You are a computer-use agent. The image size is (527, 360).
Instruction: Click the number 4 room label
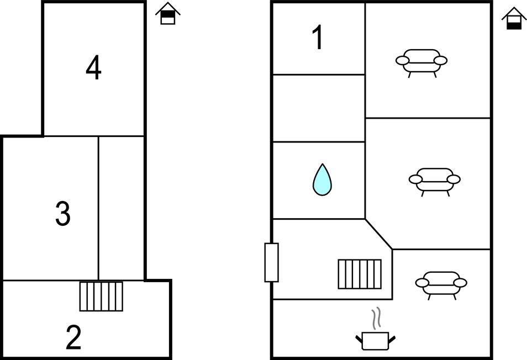coord(93,68)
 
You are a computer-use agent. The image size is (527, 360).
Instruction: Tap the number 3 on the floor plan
coord(63,213)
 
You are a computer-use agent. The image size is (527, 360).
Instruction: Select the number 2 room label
coord(73,337)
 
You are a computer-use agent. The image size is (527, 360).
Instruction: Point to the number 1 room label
coord(318,37)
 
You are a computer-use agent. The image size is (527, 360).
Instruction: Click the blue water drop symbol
coord(322,179)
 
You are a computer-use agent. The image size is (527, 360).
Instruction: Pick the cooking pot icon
coord(376,341)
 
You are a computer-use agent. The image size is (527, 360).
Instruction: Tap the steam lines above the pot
coord(376,318)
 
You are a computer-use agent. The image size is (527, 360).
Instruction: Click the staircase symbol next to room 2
coord(101,296)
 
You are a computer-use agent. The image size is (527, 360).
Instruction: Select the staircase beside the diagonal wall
coord(360,274)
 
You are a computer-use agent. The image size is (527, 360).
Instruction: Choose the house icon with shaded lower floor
coord(514,18)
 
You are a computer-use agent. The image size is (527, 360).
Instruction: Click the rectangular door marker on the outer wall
coord(272,262)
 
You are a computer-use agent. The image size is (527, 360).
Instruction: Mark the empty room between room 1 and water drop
coord(319,108)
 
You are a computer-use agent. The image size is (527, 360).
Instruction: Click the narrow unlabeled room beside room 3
coord(122,208)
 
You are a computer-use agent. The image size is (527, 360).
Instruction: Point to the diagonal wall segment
coord(379,234)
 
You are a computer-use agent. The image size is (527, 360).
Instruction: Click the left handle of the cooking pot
coord(359,339)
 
